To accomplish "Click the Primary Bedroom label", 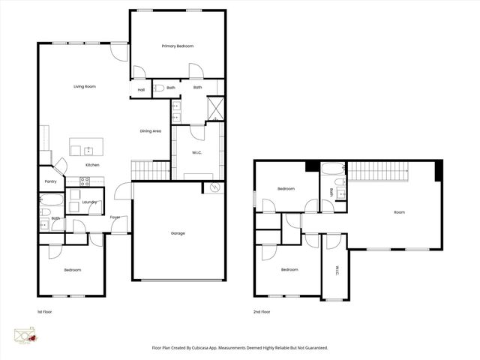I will (178, 46).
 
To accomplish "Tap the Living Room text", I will (84, 87).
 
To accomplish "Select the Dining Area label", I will (151, 131).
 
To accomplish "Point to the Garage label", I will (178, 233).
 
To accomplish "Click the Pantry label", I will (51, 181).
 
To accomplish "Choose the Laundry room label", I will (90, 202).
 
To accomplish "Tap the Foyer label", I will (115, 217).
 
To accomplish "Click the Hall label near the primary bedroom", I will (141, 90).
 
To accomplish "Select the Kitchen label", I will (92, 165).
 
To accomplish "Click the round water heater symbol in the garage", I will (215, 187).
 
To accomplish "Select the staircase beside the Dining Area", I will (151, 170).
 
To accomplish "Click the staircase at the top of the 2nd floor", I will (379, 171).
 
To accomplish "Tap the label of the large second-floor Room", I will (399, 212).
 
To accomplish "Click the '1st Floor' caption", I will (45, 310).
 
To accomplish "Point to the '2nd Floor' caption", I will (261, 310).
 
